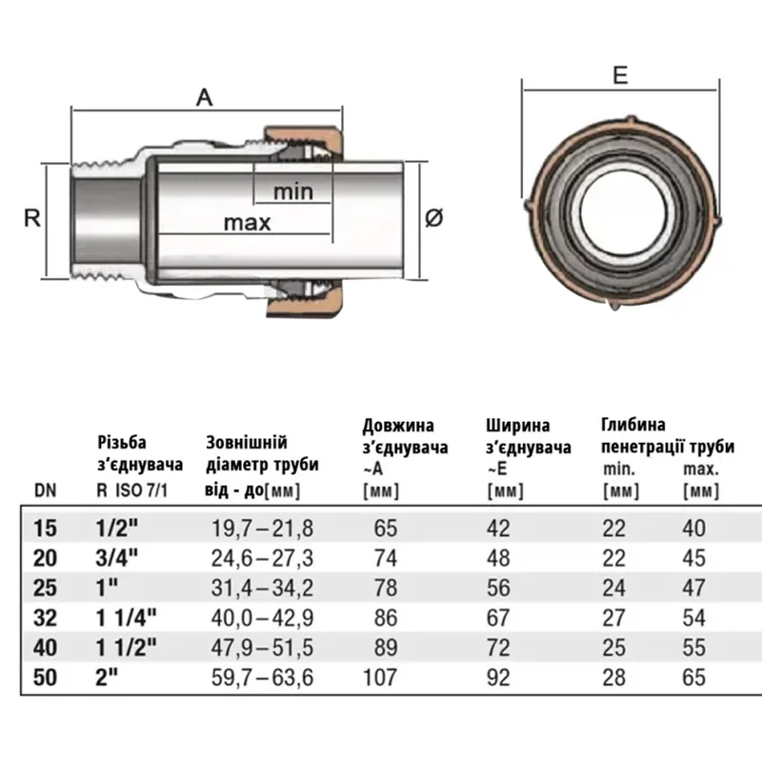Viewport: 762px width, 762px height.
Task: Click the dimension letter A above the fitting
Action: (203, 95)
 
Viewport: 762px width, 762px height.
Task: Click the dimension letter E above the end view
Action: (620, 76)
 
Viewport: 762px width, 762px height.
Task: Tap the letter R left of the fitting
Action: (30, 218)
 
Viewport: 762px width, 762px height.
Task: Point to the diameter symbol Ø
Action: (433, 218)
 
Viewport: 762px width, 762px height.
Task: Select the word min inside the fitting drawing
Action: (292, 190)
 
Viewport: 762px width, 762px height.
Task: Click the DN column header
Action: (45, 491)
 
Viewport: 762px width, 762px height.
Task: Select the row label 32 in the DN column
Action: (45, 616)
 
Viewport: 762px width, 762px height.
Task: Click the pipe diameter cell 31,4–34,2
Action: (260, 586)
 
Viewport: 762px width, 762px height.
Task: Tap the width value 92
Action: (498, 678)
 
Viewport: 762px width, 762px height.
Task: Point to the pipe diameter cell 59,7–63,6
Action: (261, 678)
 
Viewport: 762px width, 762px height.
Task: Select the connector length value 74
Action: (386, 555)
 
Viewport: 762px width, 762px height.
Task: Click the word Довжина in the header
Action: (397, 425)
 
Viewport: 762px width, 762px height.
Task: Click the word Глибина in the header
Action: (633, 424)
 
